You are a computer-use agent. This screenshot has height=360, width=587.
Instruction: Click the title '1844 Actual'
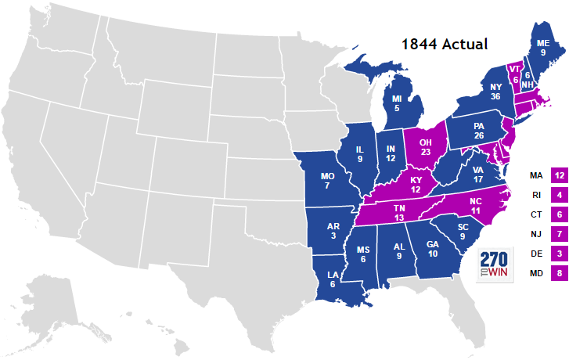coord(445,44)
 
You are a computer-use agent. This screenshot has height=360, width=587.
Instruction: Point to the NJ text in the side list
coord(536,235)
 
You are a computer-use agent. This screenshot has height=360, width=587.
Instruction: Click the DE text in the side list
coord(536,254)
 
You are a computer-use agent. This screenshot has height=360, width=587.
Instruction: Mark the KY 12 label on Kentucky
coord(416,185)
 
